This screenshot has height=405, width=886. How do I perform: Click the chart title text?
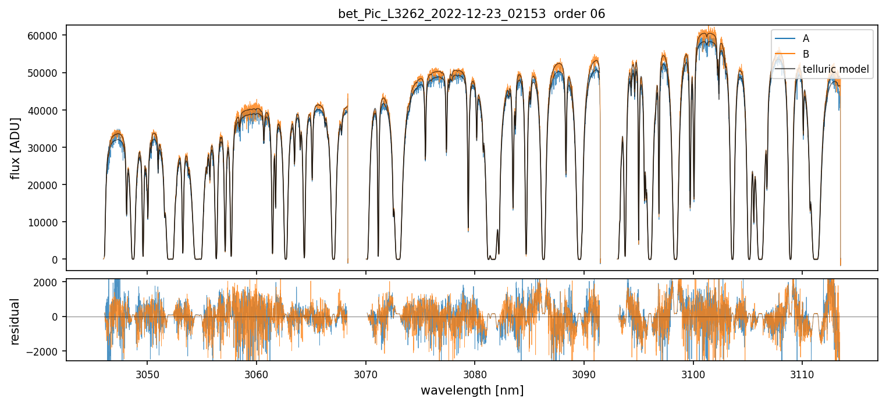(471, 14)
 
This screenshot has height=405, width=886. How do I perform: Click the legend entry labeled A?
(806, 39)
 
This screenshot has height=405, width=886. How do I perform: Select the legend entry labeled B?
(806, 54)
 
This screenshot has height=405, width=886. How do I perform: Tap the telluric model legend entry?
(835, 69)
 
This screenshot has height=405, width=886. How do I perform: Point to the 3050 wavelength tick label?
(147, 374)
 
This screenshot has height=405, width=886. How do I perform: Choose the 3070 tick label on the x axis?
(365, 374)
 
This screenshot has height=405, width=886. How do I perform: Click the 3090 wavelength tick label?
(584, 374)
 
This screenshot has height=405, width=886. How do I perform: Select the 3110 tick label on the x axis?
(802, 374)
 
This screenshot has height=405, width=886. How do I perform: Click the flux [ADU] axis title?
(16, 148)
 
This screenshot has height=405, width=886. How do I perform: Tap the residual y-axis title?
(16, 321)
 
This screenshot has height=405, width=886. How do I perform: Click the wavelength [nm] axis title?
(472, 390)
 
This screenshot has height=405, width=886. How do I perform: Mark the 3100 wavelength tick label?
(693, 374)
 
